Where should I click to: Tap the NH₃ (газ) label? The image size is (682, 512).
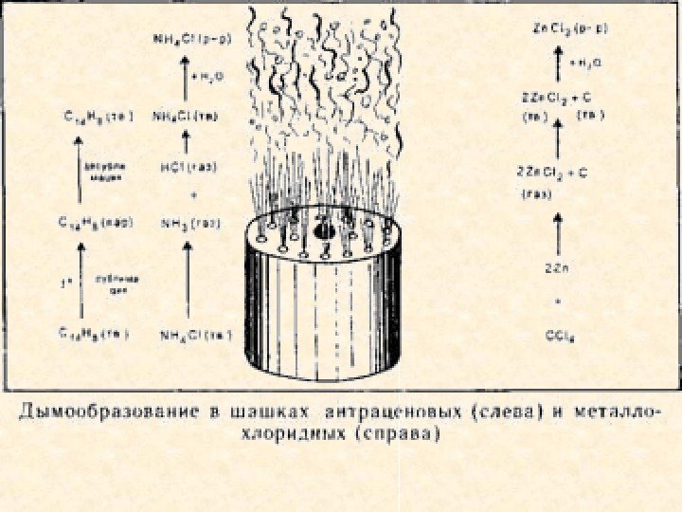click(189, 224)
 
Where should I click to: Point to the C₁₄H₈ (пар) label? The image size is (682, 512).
click(96, 224)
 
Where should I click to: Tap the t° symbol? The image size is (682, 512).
click(63, 280)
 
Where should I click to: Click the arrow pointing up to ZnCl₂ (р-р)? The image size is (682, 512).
click(559, 62)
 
